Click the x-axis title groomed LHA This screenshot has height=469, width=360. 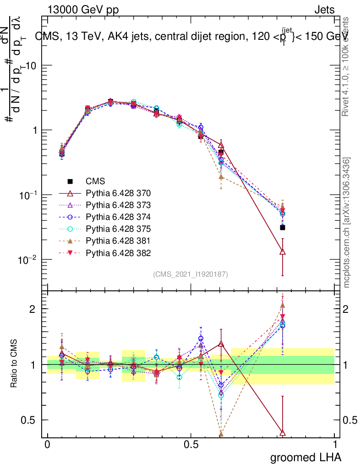[305, 457]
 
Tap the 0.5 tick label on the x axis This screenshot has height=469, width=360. [191, 445]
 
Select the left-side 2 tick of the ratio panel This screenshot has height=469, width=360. [32, 309]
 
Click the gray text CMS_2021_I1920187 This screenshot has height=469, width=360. [191, 274]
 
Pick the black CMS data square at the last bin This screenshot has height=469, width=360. [283, 227]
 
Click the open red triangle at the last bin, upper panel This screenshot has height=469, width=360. [283, 251]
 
